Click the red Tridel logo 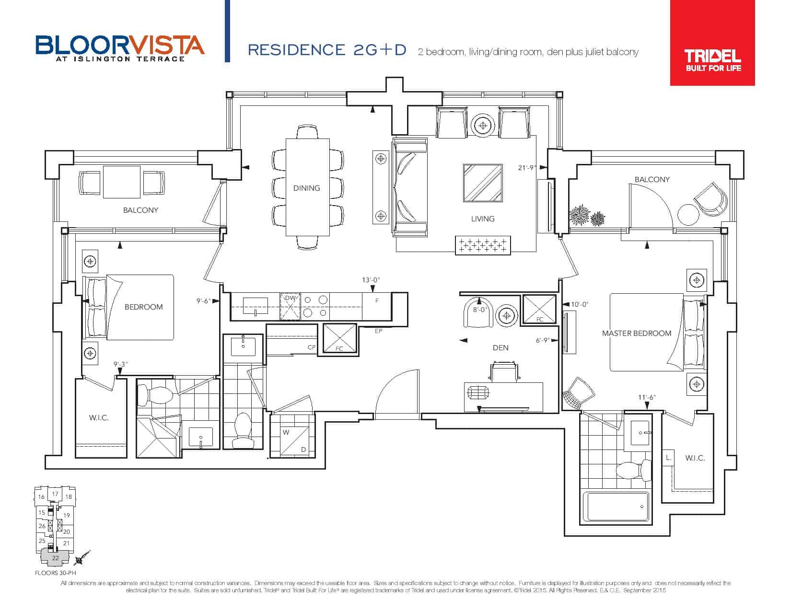(712, 43)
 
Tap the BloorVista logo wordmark (120, 48)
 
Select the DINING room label (306, 188)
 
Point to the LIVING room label (483, 219)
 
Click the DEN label (500, 347)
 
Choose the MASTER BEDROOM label (636, 334)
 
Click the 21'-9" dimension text (526, 168)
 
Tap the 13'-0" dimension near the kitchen (371, 280)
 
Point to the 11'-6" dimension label (647, 397)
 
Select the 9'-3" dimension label (120, 364)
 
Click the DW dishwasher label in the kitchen (290, 298)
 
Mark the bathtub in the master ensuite (616, 507)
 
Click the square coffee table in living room (483, 183)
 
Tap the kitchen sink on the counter (255, 306)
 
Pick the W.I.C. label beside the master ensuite (695, 458)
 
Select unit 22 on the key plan (55, 558)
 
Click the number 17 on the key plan (55, 494)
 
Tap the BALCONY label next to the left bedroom (140, 210)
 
